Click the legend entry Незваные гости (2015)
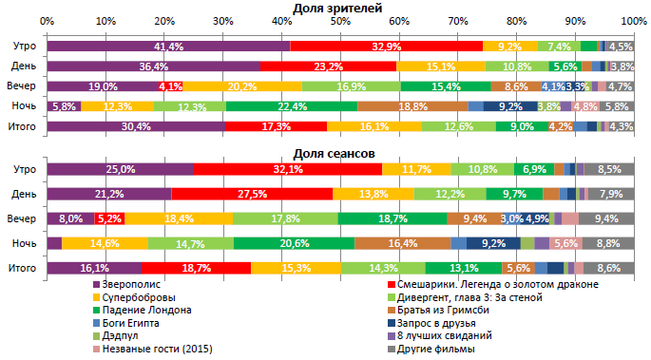(x=155, y=348)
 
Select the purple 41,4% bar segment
(x=168, y=46)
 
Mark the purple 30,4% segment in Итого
(x=136, y=125)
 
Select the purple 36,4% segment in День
(x=153, y=66)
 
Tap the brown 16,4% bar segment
(x=402, y=243)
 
